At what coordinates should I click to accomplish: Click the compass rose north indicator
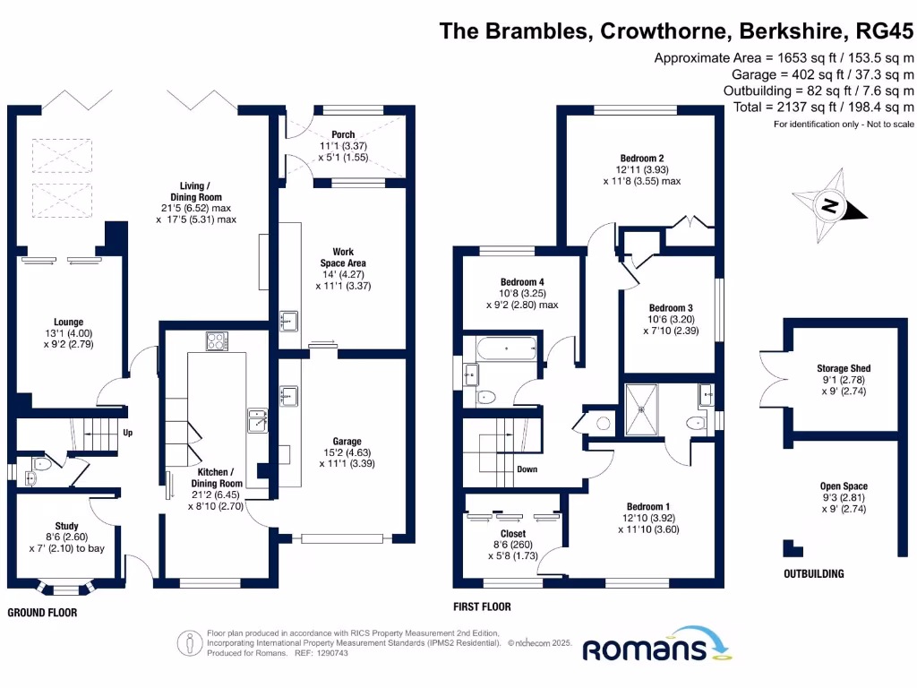(831, 206)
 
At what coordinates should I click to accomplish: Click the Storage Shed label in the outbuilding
(843, 368)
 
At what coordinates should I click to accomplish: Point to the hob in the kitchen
(218, 340)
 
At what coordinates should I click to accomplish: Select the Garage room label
(347, 442)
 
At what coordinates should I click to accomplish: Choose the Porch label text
(343, 134)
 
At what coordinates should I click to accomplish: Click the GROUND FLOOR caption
(42, 613)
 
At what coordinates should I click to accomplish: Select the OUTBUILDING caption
(813, 573)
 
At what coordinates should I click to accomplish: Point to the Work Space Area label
(343, 257)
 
